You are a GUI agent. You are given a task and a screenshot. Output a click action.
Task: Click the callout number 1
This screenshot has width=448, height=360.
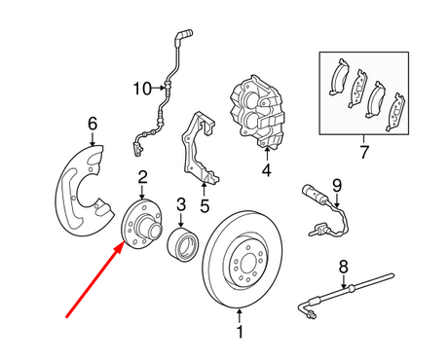(240, 341)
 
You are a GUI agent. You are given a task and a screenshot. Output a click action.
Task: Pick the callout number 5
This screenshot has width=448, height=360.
(205, 205)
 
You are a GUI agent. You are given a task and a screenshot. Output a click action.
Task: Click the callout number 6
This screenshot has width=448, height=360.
(93, 123)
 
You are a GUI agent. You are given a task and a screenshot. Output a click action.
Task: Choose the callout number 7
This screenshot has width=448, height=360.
(364, 153)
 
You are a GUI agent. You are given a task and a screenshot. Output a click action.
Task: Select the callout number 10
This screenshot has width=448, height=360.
(139, 89)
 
